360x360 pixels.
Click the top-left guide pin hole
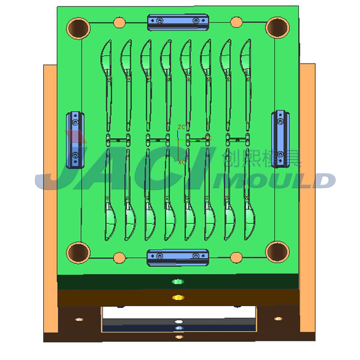click(78, 27)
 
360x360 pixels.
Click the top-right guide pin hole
click(277, 27)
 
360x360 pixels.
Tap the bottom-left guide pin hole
click(78, 252)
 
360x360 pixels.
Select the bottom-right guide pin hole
click(277, 252)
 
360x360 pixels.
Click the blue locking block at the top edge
click(178, 22)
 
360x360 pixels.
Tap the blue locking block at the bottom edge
click(178, 257)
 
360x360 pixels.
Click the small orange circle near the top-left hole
click(119, 23)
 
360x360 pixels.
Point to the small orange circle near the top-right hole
click(236, 23)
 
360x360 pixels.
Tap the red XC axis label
click(182, 162)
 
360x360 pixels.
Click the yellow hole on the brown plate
click(177, 297)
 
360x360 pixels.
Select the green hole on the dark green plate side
click(177, 281)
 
